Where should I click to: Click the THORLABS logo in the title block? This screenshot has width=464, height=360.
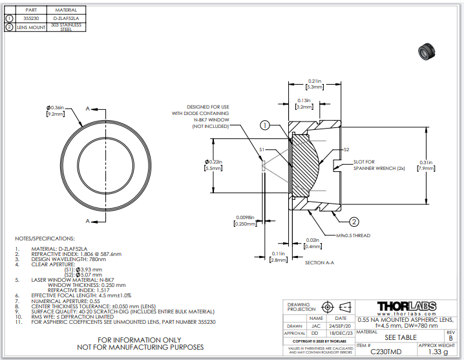[x=410, y=306]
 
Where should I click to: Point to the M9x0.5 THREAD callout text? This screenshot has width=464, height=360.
[x=353, y=235]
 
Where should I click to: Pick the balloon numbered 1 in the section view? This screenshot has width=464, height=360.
[x=265, y=125]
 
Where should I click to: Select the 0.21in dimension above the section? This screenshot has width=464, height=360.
[x=314, y=81]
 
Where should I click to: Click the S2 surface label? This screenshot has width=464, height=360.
[x=345, y=150]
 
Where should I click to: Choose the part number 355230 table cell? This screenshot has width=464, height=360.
[x=30, y=19]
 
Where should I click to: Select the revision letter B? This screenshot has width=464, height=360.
[x=450, y=337]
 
